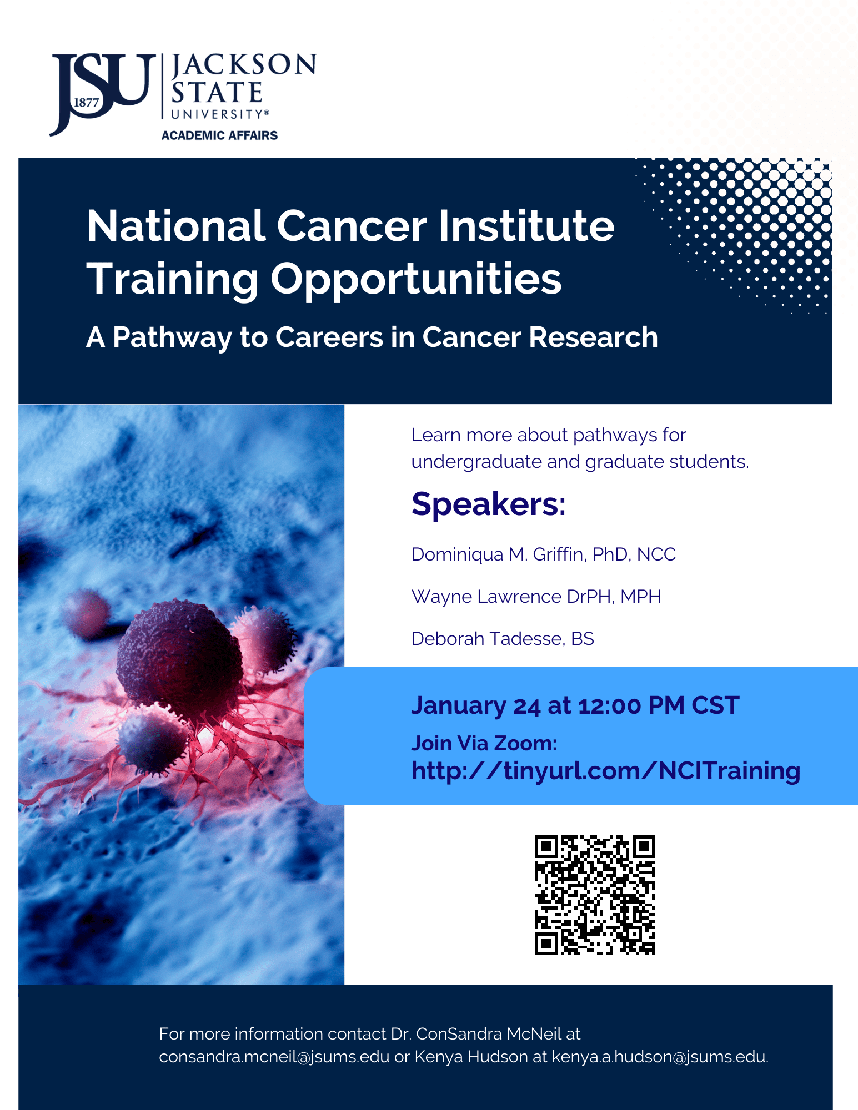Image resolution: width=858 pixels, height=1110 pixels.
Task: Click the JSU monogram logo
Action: point(102,93)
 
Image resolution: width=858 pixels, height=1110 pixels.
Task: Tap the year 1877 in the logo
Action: point(86,103)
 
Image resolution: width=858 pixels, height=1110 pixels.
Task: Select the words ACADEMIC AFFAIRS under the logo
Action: point(219,135)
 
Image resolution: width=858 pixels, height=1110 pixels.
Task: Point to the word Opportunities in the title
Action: point(416,280)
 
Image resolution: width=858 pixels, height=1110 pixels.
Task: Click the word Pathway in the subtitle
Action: point(173,338)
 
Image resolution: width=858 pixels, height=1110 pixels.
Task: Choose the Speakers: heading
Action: point(489,504)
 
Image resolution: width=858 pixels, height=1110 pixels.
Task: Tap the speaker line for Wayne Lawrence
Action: point(536,597)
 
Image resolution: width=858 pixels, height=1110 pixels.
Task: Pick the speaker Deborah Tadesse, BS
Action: point(503,639)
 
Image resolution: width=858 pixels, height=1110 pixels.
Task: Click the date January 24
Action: point(476,706)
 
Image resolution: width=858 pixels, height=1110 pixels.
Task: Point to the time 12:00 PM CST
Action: point(659,705)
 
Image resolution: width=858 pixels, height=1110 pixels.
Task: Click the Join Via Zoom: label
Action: point(484,743)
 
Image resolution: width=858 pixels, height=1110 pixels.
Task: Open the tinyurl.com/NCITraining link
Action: point(606,771)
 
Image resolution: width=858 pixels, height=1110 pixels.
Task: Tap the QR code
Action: point(595,895)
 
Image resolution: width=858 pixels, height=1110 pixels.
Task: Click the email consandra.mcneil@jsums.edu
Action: point(274,1057)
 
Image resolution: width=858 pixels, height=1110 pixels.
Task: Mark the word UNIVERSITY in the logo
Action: point(217,114)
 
